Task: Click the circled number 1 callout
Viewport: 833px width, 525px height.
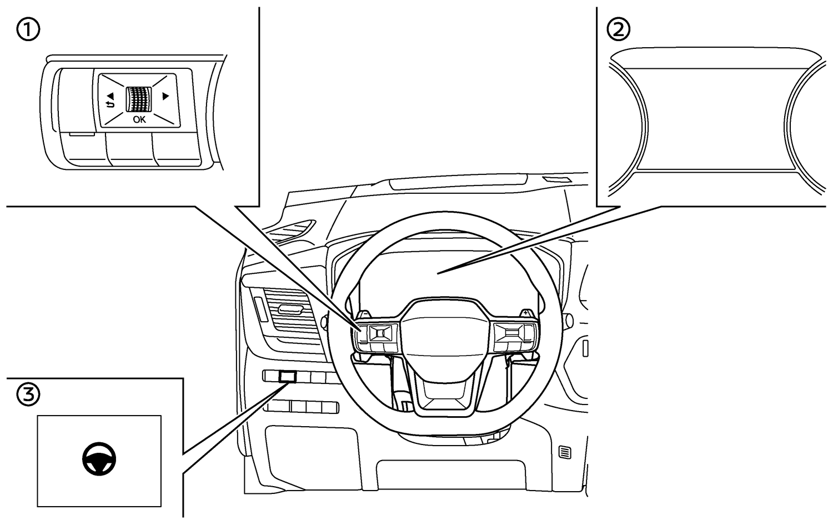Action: (x=28, y=30)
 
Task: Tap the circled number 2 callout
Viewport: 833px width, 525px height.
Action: (x=619, y=30)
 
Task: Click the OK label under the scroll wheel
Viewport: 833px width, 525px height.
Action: (x=139, y=120)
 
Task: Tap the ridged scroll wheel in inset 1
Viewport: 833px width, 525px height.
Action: (x=139, y=99)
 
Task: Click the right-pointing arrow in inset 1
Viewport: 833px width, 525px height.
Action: (x=165, y=96)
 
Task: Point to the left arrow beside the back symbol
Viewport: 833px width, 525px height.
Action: (x=111, y=96)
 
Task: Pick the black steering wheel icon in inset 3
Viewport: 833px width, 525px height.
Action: (x=99, y=459)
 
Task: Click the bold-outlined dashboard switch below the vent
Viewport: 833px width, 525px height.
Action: (x=288, y=377)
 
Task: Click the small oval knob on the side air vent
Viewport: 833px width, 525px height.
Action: (x=290, y=309)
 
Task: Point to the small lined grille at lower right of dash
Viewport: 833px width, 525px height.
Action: (x=565, y=452)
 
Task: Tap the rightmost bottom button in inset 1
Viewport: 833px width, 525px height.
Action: (x=178, y=148)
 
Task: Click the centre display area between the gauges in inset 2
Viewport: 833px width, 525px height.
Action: (x=715, y=119)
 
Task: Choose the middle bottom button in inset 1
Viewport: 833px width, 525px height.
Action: (x=130, y=149)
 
